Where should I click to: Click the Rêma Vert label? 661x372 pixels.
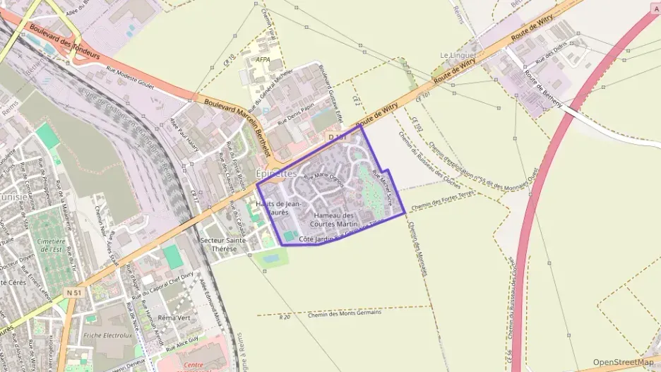pyautogui.click(x=174, y=318)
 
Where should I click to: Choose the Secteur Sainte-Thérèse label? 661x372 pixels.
pyautogui.click(x=224, y=245)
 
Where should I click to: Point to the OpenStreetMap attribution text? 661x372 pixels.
pyautogui.click(x=624, y=362)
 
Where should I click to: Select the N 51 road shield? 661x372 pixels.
pyautogui.click(x=72, y=292)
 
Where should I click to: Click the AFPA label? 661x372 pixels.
pyautogui.click(x=263, y=60)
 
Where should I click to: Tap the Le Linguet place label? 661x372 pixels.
pyautogui.click(x=454, y=55)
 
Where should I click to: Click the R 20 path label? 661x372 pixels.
pyautogui.click(x=285, y=318)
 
